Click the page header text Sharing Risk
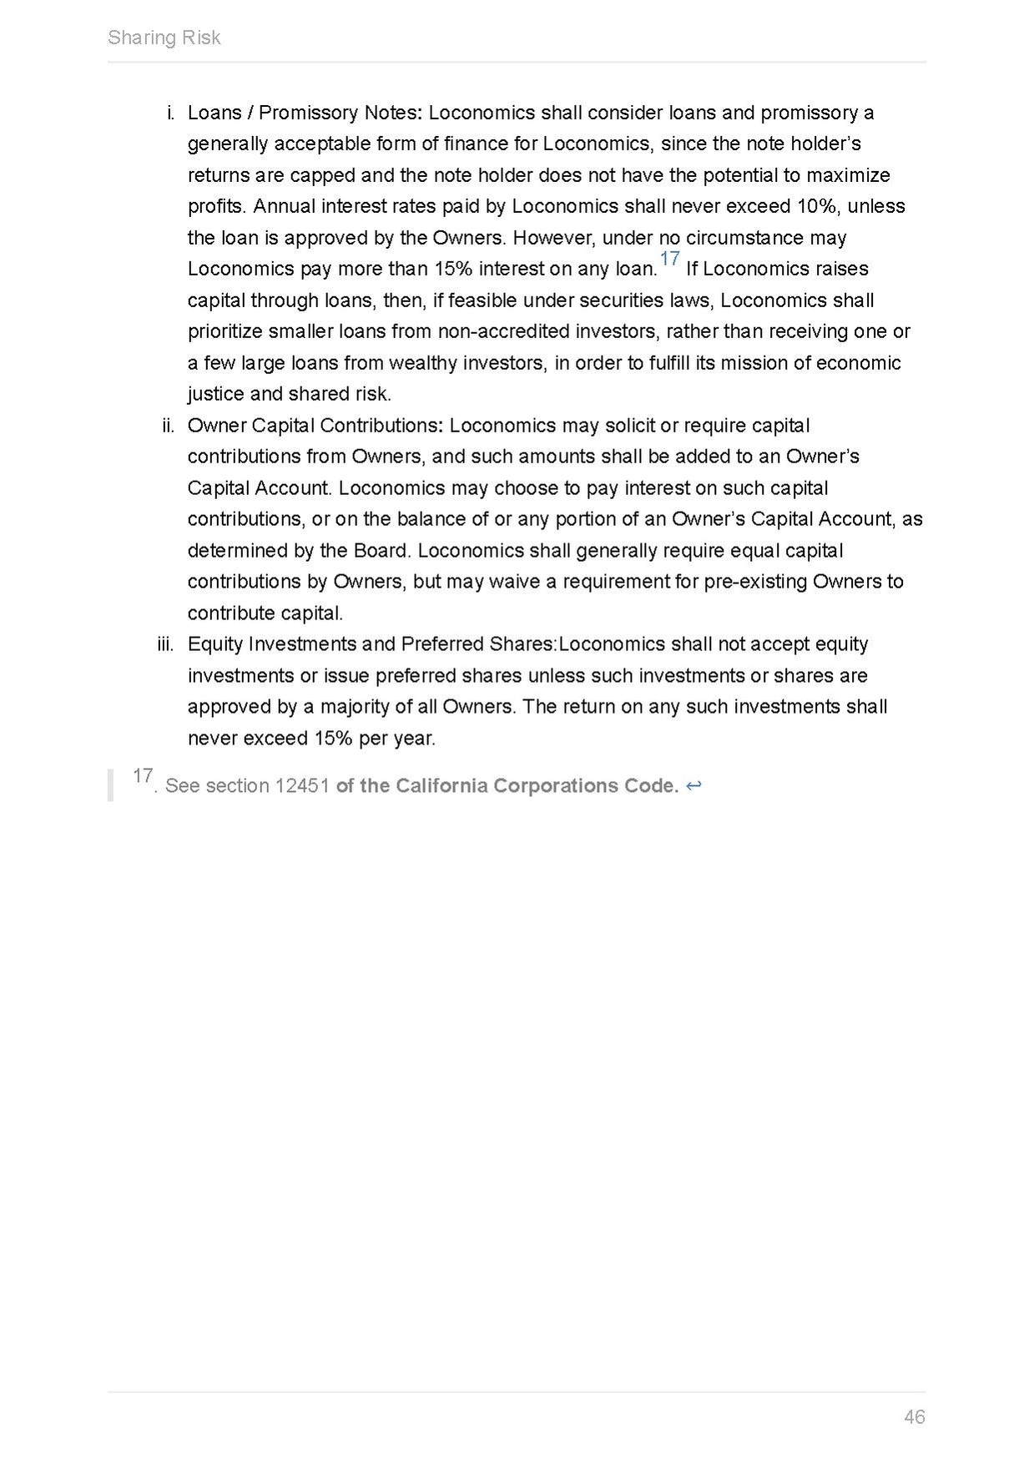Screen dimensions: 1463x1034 pos(164,38)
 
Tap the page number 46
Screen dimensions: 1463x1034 pos(914,1417)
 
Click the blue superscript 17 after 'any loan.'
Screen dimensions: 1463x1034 pos(669,260)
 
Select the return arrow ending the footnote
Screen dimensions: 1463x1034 pos(694,786)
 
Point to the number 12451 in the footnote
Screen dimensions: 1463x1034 pos(302,786)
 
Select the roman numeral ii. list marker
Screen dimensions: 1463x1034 pos(169,426)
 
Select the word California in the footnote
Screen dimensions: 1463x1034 pos(441,786)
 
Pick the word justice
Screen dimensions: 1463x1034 pos(215,394)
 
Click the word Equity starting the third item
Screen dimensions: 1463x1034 pos(215,644)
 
